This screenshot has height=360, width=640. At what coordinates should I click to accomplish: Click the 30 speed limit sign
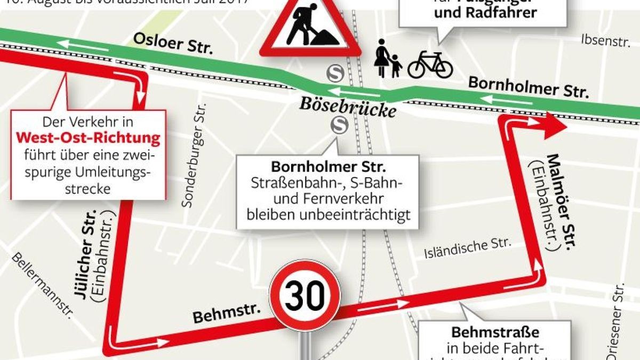pos(305,295)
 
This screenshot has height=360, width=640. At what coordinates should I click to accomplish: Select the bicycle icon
pos(430,65)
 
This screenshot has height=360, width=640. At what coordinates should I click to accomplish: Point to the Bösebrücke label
pos(348,106)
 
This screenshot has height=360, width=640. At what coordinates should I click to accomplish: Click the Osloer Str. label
pos(173,43)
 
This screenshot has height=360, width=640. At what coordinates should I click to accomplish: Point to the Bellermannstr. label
pos(42,285)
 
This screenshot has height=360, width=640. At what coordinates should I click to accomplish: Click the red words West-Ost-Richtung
pos(88,139)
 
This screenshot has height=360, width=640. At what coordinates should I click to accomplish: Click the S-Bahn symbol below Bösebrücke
pos(338,125)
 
